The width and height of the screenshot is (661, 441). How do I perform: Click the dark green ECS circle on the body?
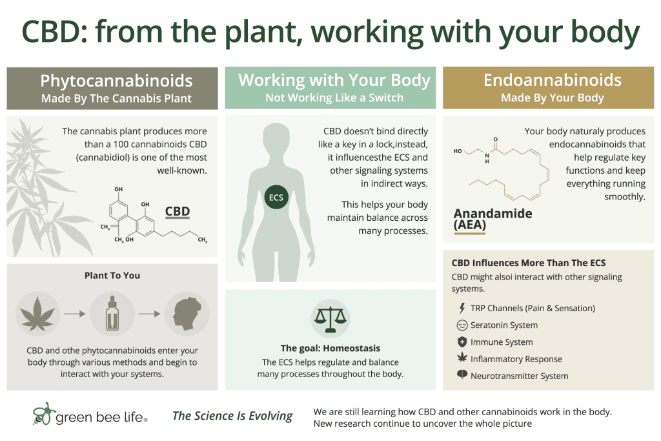276,198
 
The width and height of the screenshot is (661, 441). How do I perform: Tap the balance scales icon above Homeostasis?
330,319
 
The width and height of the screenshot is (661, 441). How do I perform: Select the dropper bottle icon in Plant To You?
112,314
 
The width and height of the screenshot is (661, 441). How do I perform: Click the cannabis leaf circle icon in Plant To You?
37,314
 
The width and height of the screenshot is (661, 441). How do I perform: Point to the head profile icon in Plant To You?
187,314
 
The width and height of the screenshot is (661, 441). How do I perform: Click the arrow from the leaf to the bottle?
75,314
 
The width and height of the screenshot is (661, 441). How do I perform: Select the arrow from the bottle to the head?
149,314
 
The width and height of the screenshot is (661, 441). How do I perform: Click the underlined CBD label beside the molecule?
178,212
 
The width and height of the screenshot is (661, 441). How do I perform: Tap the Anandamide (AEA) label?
493,220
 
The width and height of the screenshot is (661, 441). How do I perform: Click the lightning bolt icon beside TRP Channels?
462,308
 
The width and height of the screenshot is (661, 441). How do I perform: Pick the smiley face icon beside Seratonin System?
462,325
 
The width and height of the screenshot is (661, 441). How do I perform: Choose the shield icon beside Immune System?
462,342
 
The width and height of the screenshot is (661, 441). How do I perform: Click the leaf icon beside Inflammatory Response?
462,358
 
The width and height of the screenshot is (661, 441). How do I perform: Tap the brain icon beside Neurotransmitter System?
462,374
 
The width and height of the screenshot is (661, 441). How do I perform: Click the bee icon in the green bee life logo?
44,414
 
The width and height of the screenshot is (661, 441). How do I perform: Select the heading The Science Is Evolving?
232,416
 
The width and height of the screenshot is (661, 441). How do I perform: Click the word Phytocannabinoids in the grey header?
116,81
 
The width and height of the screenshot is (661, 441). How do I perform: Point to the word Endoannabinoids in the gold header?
553,80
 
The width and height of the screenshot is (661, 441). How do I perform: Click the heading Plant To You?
112,275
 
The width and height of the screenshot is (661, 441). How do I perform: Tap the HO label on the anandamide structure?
458,151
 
